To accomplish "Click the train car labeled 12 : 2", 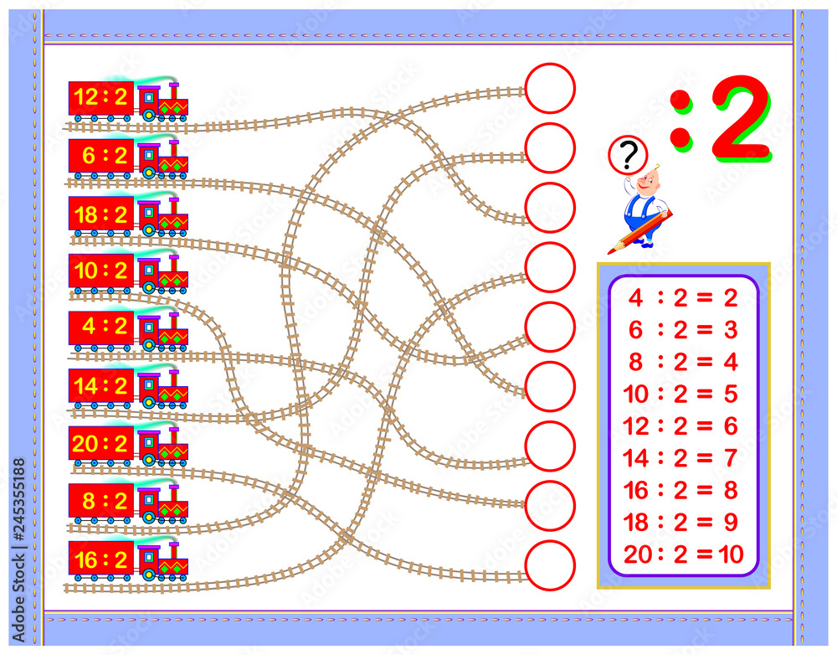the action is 101,98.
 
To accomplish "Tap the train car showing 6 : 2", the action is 101,157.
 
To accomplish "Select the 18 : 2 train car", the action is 101,214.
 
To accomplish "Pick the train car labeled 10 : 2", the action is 101,271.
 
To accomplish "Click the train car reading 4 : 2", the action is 101,328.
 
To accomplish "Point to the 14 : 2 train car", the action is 101,386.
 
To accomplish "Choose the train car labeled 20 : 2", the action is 101,444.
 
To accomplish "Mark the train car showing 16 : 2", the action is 101,560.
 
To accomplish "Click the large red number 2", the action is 742,118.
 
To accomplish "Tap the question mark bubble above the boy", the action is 629,155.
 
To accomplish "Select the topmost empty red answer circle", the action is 550,88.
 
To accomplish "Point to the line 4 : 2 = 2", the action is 683,298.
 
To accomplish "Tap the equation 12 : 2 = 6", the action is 683,426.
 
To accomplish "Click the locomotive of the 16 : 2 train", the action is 162,560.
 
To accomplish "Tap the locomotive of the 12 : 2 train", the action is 162,101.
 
